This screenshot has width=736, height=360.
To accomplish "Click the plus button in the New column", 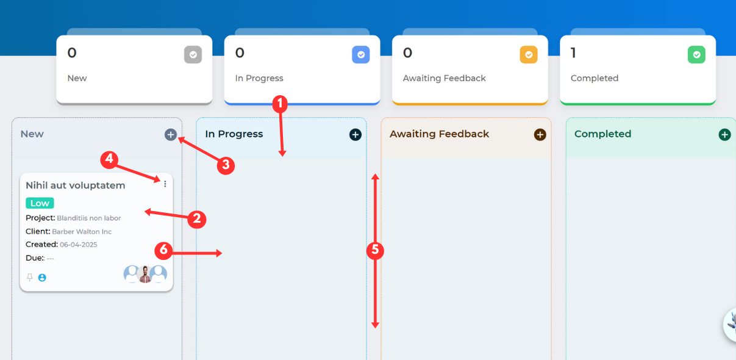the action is point(171,134).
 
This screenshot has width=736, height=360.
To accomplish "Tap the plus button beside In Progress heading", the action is point(355,134).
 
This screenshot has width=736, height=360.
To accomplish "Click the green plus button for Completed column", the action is point(724,134).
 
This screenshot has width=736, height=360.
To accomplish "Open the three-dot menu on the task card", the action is point(165,184).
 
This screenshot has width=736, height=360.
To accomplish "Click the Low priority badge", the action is point(40,203).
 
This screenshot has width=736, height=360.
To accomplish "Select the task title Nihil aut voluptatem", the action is point(75,185).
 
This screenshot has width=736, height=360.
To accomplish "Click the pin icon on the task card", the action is point(29,278).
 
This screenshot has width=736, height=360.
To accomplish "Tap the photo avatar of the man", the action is point(145,274).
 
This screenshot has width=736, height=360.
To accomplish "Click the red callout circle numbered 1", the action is point(280,104).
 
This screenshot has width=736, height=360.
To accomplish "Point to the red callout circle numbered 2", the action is point(197,219).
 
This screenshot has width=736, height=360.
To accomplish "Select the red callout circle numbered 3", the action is point(226,165).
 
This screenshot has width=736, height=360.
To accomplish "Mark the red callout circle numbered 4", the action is point(109,160).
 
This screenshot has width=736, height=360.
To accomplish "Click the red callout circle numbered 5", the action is point(375,251).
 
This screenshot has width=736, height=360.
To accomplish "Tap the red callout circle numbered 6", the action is point(163,251).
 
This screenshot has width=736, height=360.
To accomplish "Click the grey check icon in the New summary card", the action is point(193,54).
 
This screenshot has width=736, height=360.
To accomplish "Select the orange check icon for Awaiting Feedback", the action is point(529,54).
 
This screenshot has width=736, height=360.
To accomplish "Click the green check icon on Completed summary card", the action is point(696,54).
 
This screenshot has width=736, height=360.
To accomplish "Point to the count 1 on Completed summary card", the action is point(573,52).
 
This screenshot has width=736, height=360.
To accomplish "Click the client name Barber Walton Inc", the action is point(82,232).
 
